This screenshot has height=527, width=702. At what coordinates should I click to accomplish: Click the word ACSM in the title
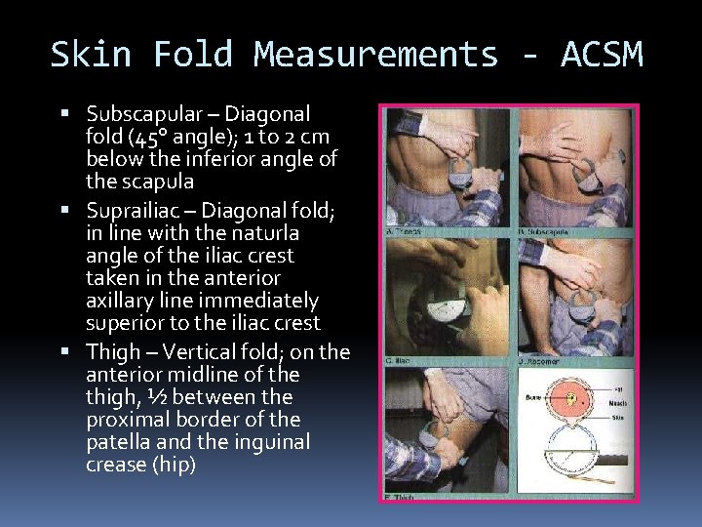[x=602, y=55]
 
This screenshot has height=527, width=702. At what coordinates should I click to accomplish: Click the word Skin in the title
[x=90, y=55]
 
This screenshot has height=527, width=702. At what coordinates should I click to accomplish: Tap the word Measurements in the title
[x=375, y=55]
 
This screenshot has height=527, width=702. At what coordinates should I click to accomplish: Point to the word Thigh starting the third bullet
[x=112, y=351]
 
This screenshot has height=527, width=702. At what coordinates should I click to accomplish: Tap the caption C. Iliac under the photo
[x=401, y=360]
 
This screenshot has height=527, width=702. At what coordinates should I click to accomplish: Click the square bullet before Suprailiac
[x=77, y=210]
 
